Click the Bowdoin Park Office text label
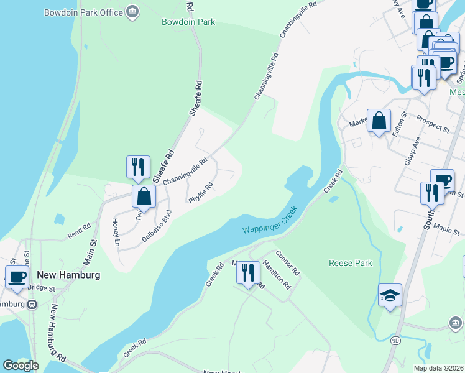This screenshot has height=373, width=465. [83, 12]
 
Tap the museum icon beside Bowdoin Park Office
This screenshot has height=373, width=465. [132, 12]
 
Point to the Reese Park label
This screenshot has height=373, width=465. [350, 263]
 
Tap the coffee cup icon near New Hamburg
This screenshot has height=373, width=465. [17, 277]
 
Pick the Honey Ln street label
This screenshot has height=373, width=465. [115, 233]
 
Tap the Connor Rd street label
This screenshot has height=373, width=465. [288, 263]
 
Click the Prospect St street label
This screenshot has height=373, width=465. [433, 124]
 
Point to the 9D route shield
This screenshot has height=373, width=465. [395, 340]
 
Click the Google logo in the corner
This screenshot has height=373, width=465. [21, 366]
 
